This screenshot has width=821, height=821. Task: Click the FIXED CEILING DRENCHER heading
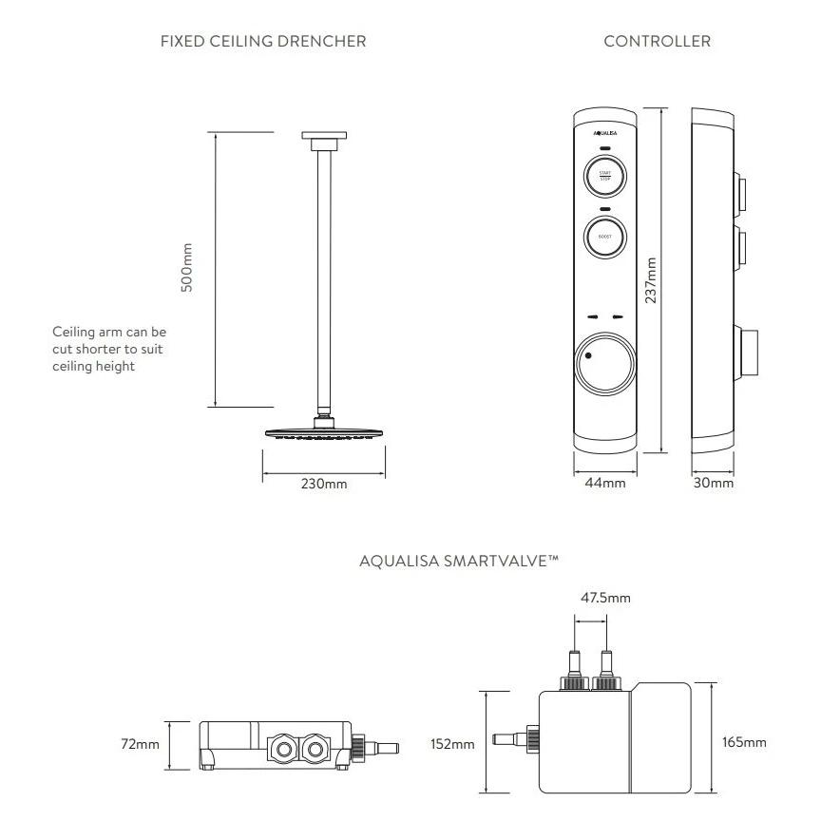coord(263,41)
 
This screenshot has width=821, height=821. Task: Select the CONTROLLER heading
coord(657,41)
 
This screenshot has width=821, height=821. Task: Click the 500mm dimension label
coord(188,267)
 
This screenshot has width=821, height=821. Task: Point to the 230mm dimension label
coord(324,484)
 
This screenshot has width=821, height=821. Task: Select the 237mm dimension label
coord(650,280)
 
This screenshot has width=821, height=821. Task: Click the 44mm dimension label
coord(604,484)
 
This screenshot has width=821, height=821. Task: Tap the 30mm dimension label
coord(713,484)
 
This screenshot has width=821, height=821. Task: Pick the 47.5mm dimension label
coord(605,598)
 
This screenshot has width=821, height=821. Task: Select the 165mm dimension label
coord(744,742)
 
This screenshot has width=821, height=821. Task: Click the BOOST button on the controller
coord(603,237)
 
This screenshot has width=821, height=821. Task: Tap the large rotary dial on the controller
coord(604,362)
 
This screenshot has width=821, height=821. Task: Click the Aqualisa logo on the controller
coord(604,134)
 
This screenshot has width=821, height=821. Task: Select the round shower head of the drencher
coord(324,433)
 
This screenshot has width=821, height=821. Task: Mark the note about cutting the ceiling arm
coord(109,349)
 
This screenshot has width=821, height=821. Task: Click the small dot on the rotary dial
coord(588,357)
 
